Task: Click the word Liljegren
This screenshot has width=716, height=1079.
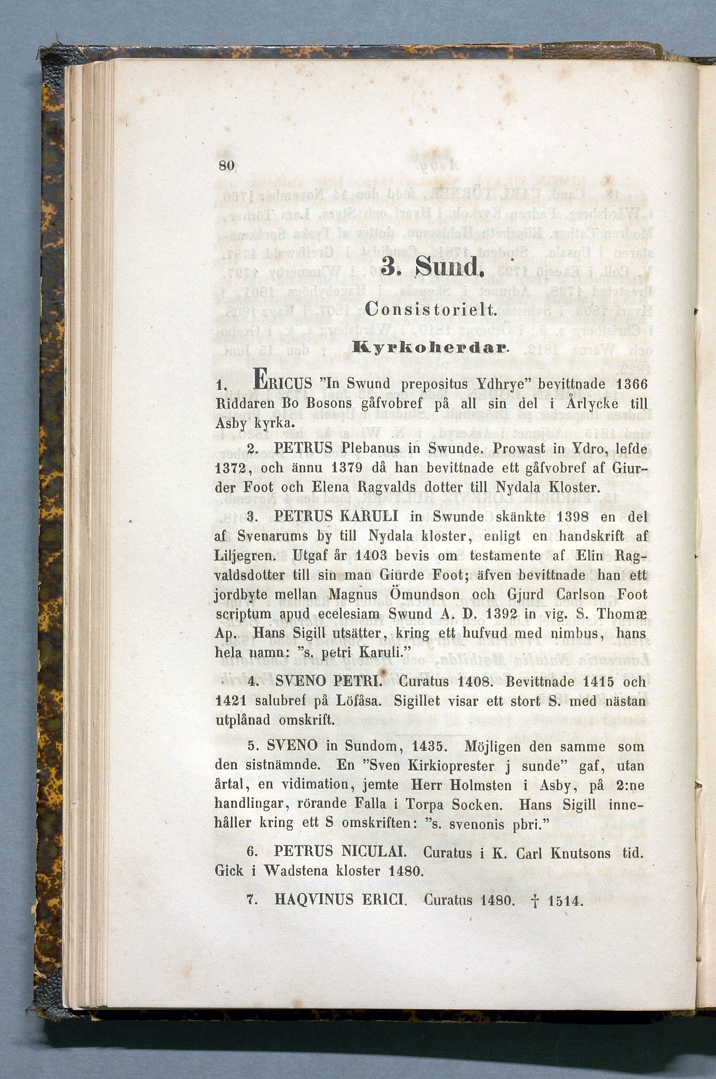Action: pos(245,556)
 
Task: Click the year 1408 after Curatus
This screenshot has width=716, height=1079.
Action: pos(473,682)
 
